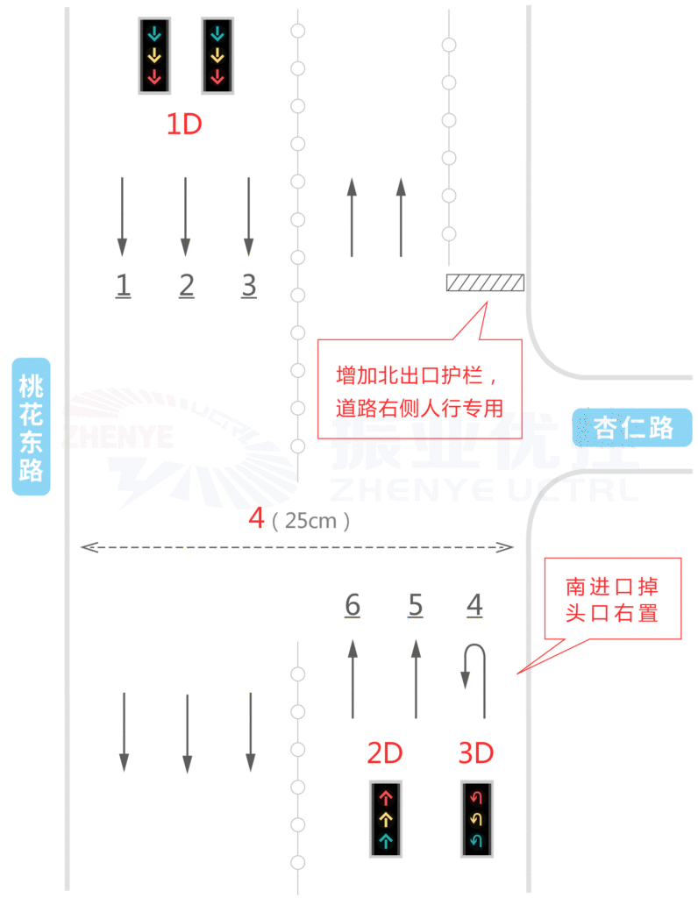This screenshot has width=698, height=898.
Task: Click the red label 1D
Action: coord(184,124)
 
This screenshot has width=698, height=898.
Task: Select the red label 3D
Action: coord(476,752)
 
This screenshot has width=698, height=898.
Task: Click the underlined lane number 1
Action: coord(124,285)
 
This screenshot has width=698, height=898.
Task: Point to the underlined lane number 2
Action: coord(186,285)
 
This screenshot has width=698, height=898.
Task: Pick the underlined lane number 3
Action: coord(249,285)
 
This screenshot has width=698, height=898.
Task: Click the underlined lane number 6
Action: coord(352,605)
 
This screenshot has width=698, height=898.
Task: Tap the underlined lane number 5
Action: coord(416,605)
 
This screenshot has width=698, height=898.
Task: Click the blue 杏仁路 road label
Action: coord(633,427)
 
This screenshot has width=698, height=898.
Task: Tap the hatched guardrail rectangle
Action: coord(485,282)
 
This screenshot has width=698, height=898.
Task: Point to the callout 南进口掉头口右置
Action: coord(612,599)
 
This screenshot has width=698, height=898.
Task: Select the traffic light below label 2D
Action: coord(385,818)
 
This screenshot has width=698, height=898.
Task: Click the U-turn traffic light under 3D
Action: coord(477,818)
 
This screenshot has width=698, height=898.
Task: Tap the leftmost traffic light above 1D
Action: coord(154,55)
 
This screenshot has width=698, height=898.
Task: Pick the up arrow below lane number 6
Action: coord(353,680)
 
